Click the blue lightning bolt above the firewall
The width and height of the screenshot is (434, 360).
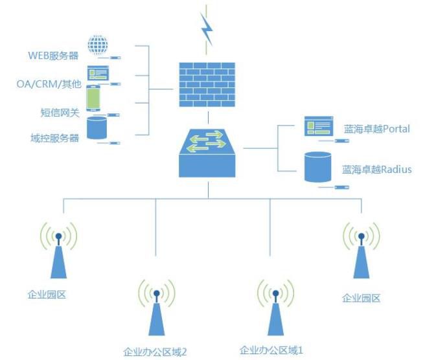click(207, 28)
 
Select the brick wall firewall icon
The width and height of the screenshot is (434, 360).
click(208, 85)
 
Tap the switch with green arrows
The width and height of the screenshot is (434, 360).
click(208, 152)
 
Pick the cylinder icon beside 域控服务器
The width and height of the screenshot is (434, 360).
click(97, 127)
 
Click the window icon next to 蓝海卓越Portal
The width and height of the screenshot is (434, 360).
click(319, 126)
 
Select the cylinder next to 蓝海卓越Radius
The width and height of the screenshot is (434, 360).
click(319, 166)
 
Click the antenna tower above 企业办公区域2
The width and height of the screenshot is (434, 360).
click(156, 310)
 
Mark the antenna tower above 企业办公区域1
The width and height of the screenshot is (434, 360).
click(275, 310)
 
